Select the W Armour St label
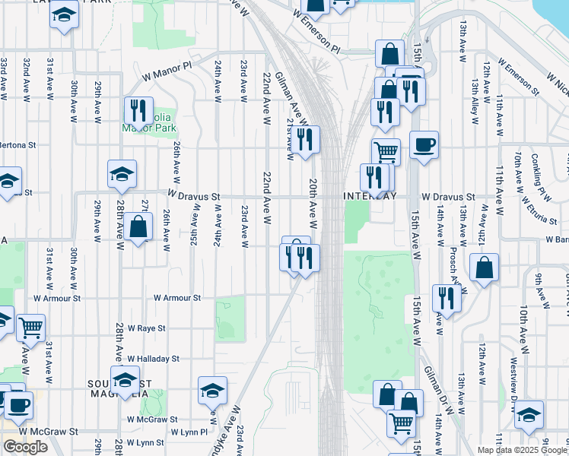(x=177, y=299)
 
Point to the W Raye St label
(x=146, y=328)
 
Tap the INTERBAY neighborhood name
(x=370, y=196)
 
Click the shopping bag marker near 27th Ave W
(x=138, y=226)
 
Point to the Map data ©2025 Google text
(x=522, y=450)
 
